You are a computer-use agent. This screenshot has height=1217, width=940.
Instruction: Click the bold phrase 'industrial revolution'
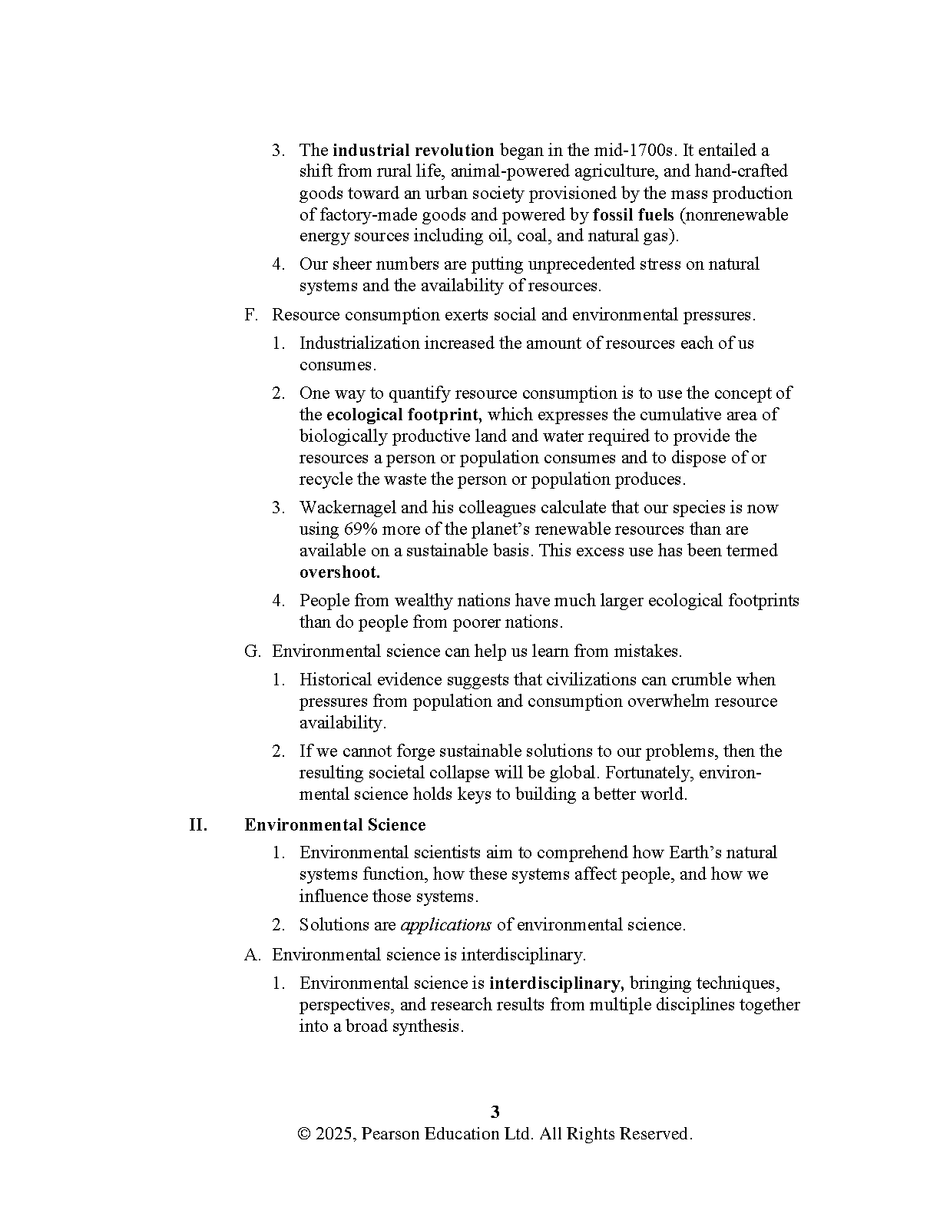tap(413, 150)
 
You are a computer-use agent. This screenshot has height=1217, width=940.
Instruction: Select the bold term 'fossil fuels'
tap(633, 214)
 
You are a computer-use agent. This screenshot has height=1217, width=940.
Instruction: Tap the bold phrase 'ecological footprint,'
tap(404, 415)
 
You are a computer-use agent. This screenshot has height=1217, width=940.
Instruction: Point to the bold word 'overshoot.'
tap(339, 572)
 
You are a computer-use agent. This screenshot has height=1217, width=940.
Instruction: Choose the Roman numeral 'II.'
tap(198, 825)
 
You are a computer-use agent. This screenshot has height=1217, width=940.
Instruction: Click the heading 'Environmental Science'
tap(335, 825)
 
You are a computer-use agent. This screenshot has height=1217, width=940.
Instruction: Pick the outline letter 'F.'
tap(251, 315)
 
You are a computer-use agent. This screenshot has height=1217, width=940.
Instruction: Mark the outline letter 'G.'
tap(252, 652)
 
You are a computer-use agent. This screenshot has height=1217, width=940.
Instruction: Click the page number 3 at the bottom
tap(495, 1112)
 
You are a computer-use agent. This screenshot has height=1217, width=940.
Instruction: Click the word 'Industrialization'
tap(359, 343)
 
